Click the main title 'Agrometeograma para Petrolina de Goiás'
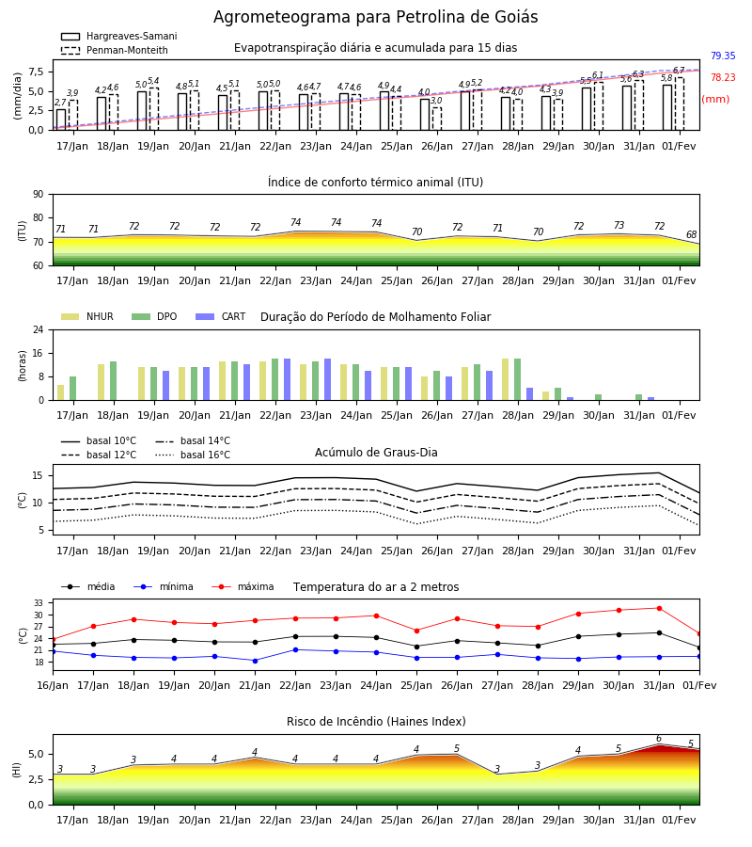coord(375,17)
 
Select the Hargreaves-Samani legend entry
coord(118,36)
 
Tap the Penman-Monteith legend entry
coord(115,50)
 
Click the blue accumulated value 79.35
coord(723,56)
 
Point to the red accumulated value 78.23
coord(723,77)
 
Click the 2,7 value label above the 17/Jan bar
coord(60,103)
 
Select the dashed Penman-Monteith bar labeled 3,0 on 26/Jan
coord(436,119)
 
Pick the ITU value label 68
coord(691,234)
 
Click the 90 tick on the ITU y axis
coord(39,194)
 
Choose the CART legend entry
coord(221,316)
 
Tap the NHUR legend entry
coord(87,316)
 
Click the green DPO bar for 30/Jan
coord(598,397)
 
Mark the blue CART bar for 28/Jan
coord(530,394)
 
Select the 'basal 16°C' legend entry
coord(193,455)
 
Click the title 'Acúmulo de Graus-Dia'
coord(376,452)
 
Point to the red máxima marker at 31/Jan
coord(659,608)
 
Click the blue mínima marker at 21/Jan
coord(255,661)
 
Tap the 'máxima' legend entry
coord(243,586)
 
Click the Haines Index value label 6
coord(659,739)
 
